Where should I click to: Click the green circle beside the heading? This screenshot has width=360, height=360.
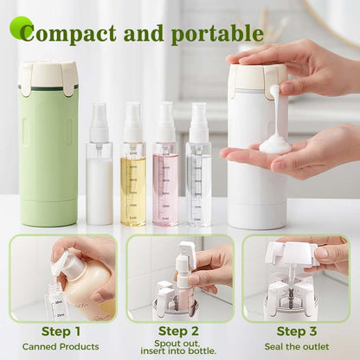[21, 27]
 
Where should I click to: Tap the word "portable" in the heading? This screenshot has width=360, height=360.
[216, 34]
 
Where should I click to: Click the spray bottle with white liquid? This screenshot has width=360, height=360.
[99, 173]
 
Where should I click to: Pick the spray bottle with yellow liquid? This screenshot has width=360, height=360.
[132, 173]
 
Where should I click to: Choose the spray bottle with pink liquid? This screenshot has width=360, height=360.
[165, 173]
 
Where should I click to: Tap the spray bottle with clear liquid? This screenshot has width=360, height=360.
[198, 173]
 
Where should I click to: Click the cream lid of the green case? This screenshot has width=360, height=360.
[48, 76]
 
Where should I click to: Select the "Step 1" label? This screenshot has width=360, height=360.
[61, 331]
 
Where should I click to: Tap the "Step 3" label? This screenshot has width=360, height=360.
[297, 331]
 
